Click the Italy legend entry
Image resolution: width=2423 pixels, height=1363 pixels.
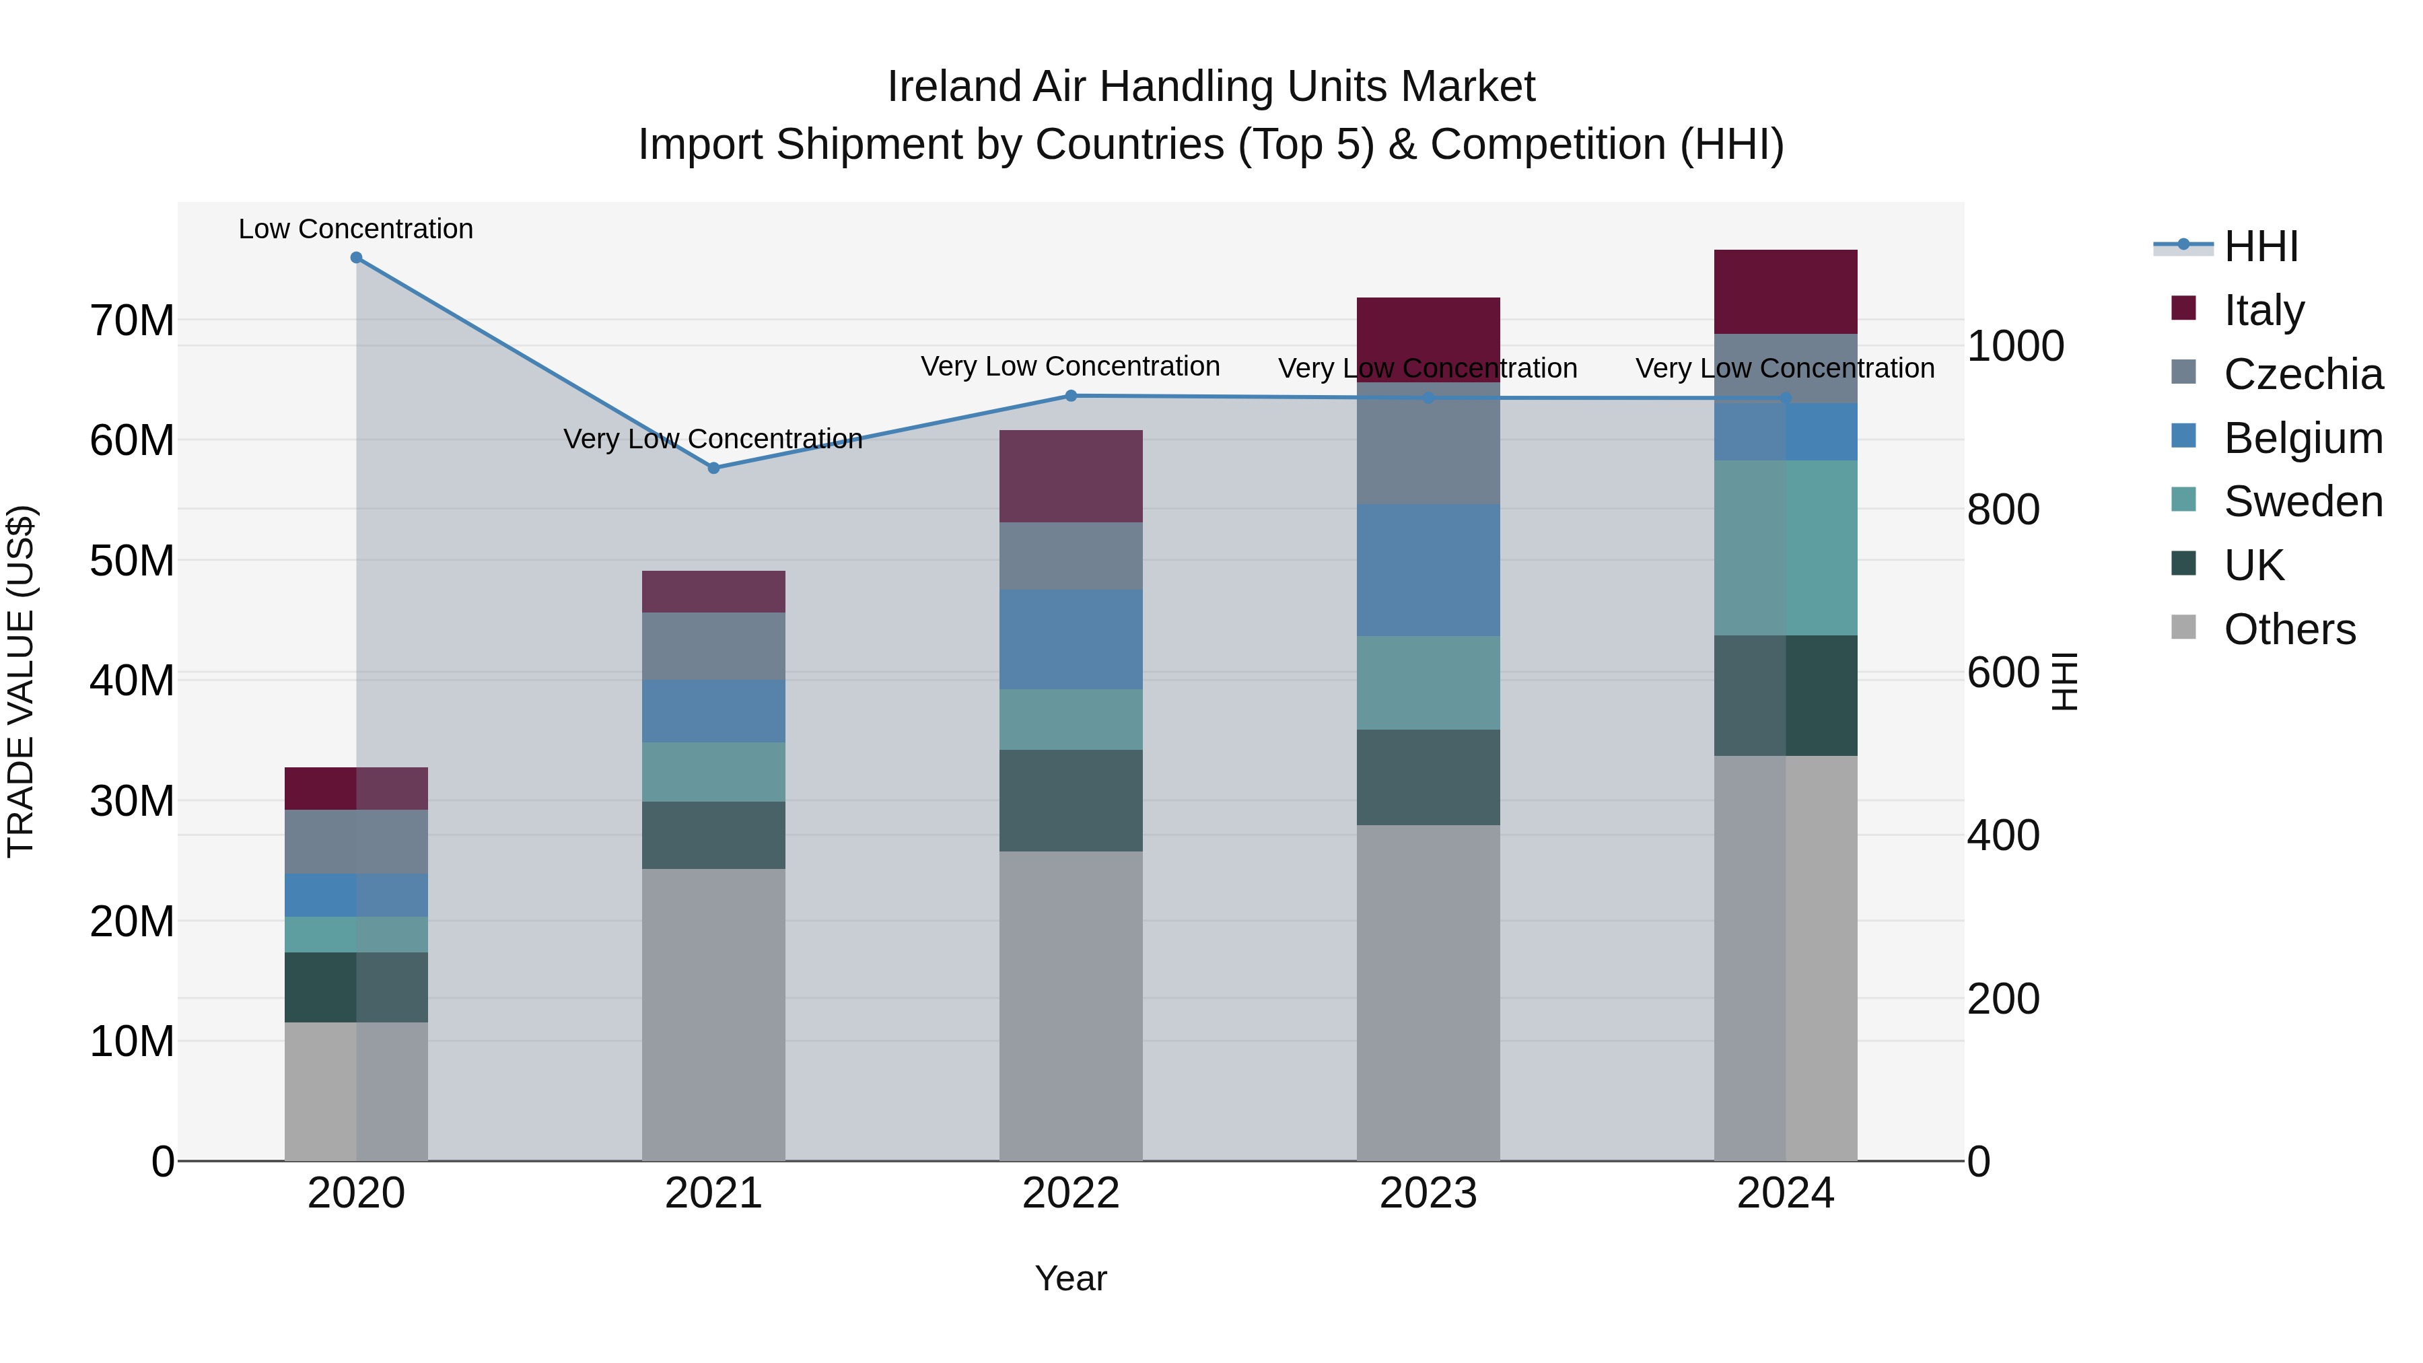click(2263, 310)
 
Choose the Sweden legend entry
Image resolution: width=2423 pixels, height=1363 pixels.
click(2302, 501)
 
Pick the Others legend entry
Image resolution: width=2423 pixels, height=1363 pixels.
click(2288, 629)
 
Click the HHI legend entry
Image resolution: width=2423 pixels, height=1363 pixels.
click(2260, 246)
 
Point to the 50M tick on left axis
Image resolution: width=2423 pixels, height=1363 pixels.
click(132, 561)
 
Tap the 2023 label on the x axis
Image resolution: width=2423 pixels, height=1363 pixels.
click(1428, 1193)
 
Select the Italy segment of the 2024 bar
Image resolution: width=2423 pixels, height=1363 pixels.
click(1785, 291)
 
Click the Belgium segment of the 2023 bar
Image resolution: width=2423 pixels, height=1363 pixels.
click(1428, 570)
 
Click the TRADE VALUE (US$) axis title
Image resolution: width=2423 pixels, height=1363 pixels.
click(21, 681)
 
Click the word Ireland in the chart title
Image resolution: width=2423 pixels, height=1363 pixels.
click(954, 87)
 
